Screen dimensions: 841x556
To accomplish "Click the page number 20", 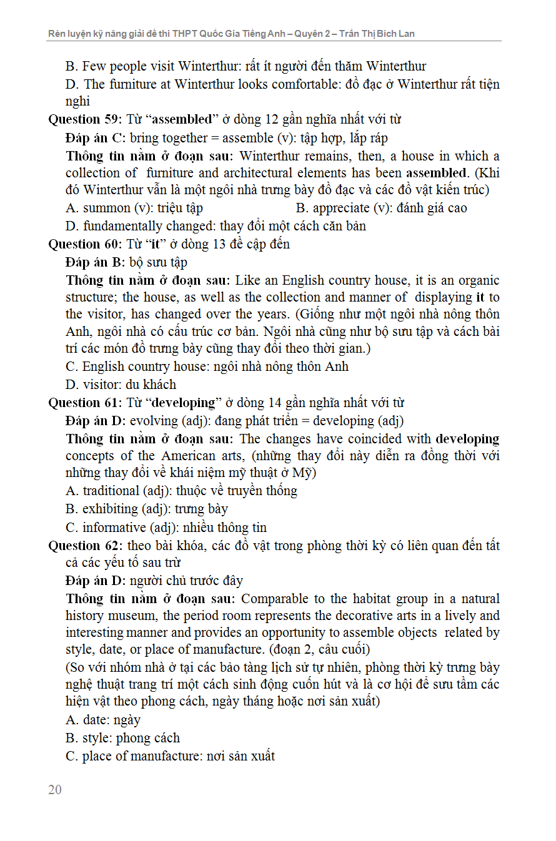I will tap(55, 790).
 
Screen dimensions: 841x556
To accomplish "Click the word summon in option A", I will tap(106, 208).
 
